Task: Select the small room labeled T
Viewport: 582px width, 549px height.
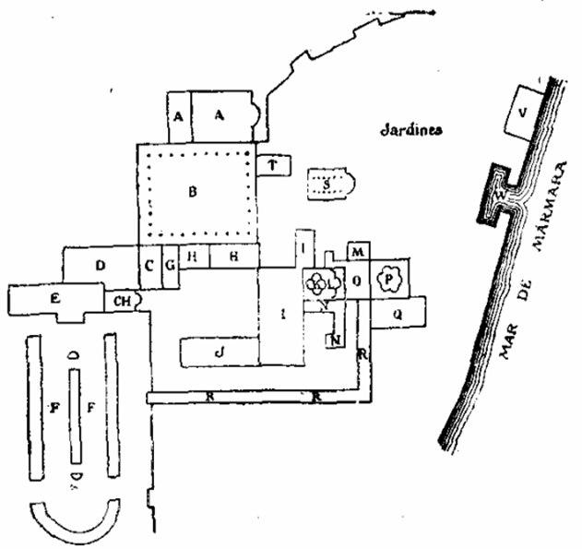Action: (x=272, y=164)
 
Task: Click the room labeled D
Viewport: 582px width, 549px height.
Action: (x=100, y=266)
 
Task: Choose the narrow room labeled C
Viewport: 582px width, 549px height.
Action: (x=148, y=266)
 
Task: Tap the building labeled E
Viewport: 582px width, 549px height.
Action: (x=54, y=300)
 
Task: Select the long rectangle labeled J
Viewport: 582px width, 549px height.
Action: (x=219, y=351)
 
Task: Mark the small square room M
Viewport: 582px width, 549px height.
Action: (x=358, y=252)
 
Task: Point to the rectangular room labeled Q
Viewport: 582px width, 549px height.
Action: (x=398, y=313)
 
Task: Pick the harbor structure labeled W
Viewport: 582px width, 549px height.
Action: (x=500, y=197)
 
